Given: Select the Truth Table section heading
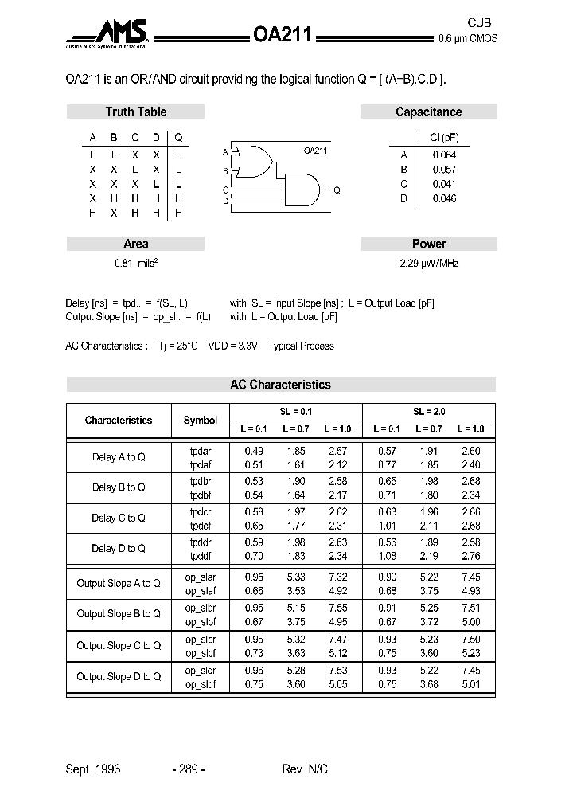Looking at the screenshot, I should (x=136, y=112).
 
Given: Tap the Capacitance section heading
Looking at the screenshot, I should (x=428, y=112).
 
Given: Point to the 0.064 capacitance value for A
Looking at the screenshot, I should (x=444, y=155).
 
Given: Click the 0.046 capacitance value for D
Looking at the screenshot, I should (x=444, y=198).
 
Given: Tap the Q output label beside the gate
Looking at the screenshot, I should (x=337, y=190).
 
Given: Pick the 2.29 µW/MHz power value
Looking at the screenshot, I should (x=428, y=263).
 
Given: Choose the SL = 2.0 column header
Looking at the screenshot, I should (x=429, y=412).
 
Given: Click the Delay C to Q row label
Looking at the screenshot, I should (x=119, y=518).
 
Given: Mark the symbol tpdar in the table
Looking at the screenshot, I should (x=201, y=451).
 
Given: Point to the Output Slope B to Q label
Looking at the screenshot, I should (x=119, y=613).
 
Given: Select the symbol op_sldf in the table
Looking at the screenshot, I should (x=201, y=683).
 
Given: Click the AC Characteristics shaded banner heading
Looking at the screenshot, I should (x=280, y=385).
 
